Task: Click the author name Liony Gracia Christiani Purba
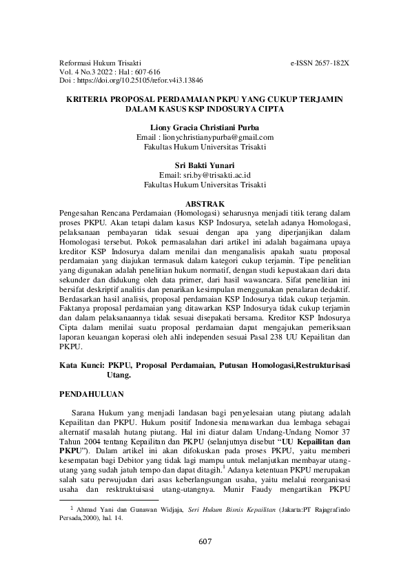(205, 128)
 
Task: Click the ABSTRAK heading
(205, 205)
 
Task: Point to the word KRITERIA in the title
(88, 99)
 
